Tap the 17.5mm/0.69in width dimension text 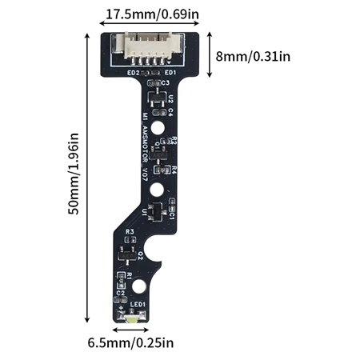click(x=148, y=14)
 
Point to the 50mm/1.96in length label click(x=74, y=173)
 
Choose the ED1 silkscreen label click(x=170, y=73)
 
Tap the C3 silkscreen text click(x=166, y=82)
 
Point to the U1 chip click(x=158, y=211)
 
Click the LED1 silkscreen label click(x=138, y=305)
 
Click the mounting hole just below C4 click(x=161, y=128)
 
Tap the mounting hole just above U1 click(x=160, y=189)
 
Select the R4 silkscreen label click(x=173, y=170)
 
